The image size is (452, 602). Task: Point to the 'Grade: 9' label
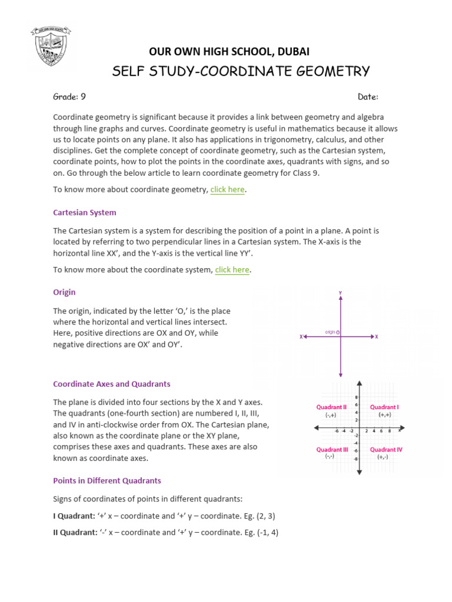coord(69,97)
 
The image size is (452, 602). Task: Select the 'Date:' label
coord(368,97)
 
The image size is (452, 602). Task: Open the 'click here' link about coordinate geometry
coord(227,189)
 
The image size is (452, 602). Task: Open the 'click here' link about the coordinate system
coord(232,270)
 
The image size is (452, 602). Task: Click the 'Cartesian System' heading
coord(85,212)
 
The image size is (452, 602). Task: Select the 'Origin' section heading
coord(64,292)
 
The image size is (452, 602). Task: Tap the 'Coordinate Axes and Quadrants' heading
coord(112,384)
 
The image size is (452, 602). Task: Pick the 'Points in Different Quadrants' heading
coord(107,480)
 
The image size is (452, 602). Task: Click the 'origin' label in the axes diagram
coord(330,332)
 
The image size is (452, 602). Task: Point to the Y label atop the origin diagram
coord(341,292)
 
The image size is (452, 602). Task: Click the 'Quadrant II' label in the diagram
coord(331,407)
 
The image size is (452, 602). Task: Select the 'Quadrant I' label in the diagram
coord(384,407)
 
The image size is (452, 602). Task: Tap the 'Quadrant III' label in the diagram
coord(333,449)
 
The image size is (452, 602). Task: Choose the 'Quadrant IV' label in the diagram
coord(385,449)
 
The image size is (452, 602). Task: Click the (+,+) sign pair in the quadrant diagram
coord(384,415)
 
